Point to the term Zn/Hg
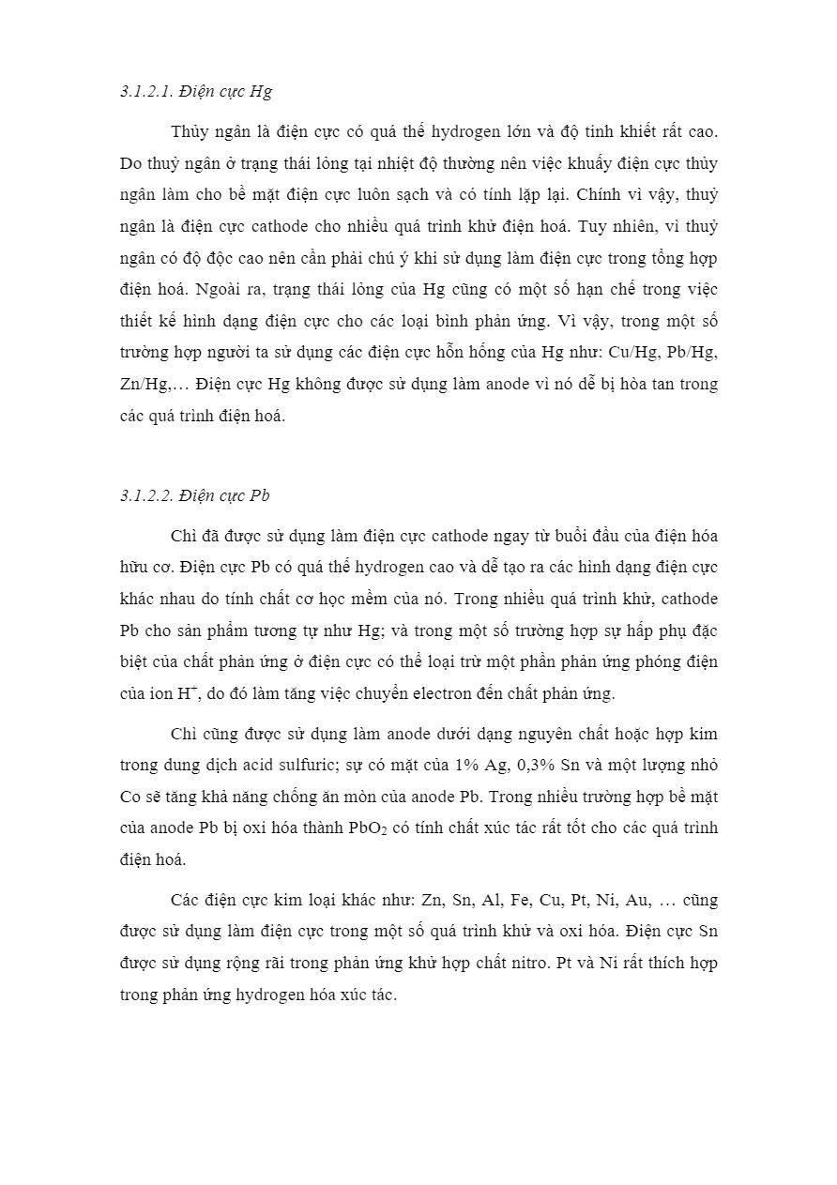coord(143,385)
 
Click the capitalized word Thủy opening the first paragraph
coord(190,132)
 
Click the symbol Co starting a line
coord(130,797)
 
